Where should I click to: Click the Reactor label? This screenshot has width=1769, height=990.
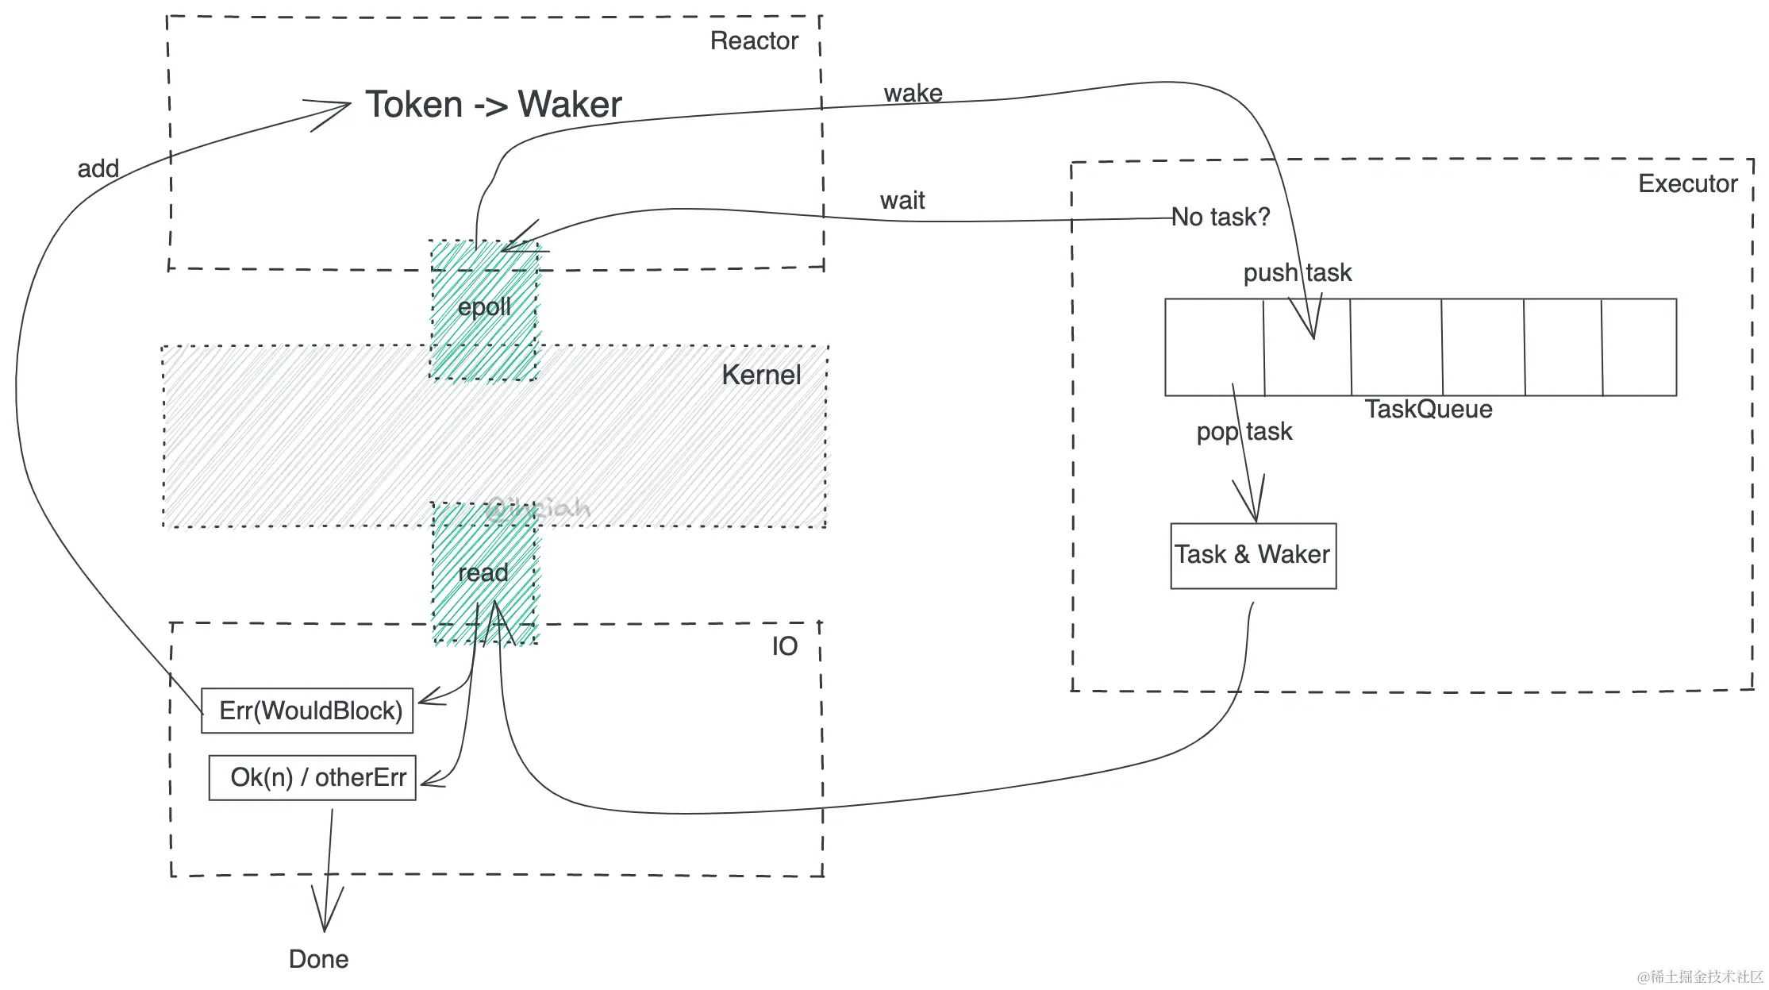pyautogui.click(x=753, y=40)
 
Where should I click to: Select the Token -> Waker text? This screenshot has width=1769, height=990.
pyautogui.click(x=493, y=105)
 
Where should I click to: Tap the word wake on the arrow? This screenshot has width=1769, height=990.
pyautogui.click(x=913, y=94)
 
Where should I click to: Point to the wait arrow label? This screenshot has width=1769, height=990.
pyautogui.click(x=902, y=201)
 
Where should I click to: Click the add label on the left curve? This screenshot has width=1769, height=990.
pyautogui.click(x=98, y=169)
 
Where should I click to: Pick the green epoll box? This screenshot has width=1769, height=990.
pyautogui.click(x=484, y=308)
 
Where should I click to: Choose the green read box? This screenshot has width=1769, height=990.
pyautogui.click(x=484, y=572)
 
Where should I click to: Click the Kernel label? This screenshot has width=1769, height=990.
pyautogui.click(x=760, y=375)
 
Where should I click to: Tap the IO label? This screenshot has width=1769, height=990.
pyautogui.click(x=784, y=646)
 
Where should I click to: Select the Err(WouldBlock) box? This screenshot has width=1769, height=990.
pyautogui.click(x=308, y=711)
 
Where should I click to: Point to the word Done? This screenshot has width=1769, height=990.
pyautogui.click(x=318, y=959)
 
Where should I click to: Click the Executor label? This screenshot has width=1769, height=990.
pyautogui.click(x=1687, y=184)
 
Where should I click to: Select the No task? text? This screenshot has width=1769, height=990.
pyautogui.click(x=1221, y=217)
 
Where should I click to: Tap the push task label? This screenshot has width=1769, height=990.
pyautogui.click(x=1297, y=273)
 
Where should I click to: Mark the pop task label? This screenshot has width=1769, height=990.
pyautogui.click(x=1244, y=432)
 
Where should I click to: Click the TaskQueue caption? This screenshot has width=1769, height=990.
pyautogui.click(x=1428, y=410)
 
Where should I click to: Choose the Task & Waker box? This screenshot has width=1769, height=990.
pyautogui.click(x=1252, y=555)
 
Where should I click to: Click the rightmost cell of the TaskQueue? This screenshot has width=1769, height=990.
pyautogui.click(x=1639, y=347)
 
